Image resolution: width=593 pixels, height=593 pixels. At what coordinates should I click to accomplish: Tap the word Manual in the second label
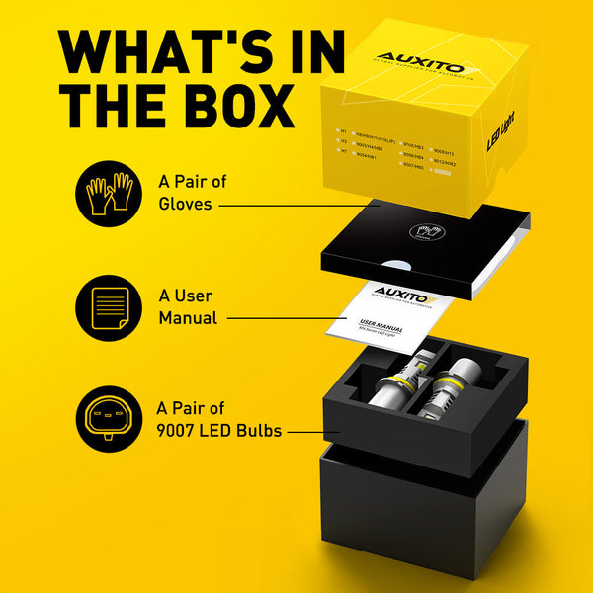(187, 318)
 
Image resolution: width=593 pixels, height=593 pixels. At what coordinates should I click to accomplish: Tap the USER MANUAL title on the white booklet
(381, 324)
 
